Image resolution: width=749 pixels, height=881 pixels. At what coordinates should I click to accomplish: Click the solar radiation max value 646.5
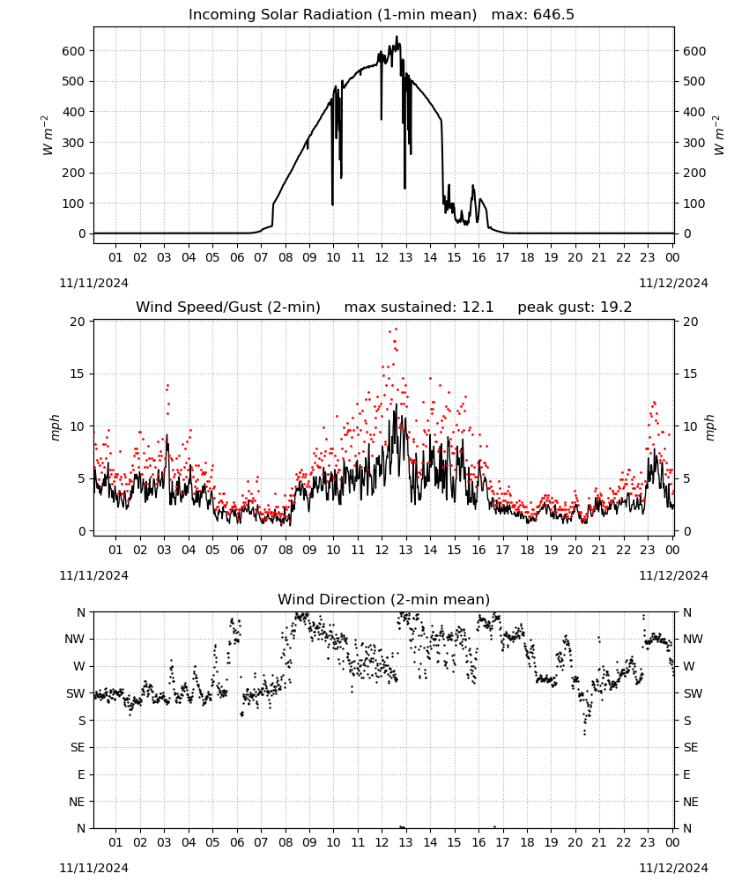click(553, 15)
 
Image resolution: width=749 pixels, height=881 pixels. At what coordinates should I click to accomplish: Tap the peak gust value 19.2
click(616, 307)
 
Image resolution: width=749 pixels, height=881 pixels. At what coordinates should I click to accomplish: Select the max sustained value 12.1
click(478, 307)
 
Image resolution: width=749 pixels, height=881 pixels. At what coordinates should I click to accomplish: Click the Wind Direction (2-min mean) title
click(384, 599)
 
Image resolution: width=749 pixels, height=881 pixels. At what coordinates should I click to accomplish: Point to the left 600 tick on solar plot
click(74, 51)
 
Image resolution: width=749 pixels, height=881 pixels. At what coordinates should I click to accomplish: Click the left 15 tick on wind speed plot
click(78, 374)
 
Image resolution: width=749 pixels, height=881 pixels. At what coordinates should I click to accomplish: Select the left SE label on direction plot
click(78, 748)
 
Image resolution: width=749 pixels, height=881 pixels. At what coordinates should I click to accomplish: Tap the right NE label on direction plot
click(691, 803)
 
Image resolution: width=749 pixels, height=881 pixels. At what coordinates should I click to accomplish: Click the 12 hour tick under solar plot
click(382, 258)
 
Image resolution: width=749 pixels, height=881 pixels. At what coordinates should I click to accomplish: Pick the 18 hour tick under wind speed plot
click(527, 550)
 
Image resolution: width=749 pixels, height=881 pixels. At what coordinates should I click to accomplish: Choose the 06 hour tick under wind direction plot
click(237, 843)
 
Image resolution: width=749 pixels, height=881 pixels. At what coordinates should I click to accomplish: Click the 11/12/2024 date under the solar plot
click(673, 283)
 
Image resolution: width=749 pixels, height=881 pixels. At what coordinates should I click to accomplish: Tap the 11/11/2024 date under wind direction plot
click(93, 868)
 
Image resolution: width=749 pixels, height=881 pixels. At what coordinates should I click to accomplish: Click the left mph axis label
click(55, 427)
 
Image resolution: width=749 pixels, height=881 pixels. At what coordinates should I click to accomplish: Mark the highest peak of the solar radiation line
click(397, 36)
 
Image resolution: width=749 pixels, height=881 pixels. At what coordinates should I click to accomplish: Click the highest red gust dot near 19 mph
click(397, 329)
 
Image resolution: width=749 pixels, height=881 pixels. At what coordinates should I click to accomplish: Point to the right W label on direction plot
click(689, 666)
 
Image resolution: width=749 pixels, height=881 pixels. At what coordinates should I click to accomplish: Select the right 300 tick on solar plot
click(694, 143)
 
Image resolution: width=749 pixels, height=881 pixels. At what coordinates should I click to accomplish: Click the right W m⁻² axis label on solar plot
click(719, 136)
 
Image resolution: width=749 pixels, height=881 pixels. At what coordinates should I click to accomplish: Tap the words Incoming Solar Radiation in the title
click(280, 15)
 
